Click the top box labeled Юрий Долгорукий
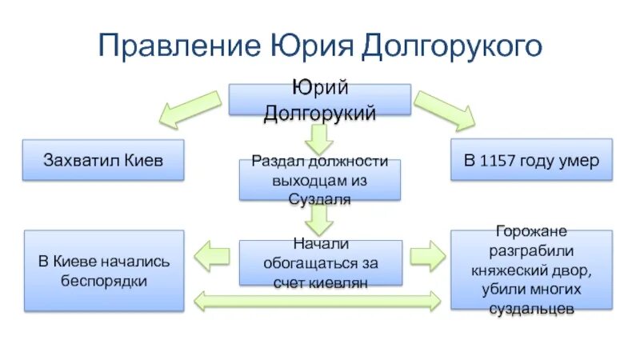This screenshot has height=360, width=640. (320, 100)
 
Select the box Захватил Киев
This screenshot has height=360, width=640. (103, 160)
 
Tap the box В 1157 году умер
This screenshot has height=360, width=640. (532, 160)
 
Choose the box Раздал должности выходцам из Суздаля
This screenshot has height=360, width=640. (320, 180)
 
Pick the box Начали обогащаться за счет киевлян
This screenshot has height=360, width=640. (320, 262)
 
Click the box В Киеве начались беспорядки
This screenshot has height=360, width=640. (105, 270)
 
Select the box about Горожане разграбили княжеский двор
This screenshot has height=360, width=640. (532, 270)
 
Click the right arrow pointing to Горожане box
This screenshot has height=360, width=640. (428, 256)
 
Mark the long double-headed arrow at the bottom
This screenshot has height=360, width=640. (318, 301)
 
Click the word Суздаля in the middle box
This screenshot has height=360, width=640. (320, 199)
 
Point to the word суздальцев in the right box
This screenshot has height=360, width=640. (532, 309)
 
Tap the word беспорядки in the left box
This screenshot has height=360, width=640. (105, 281)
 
